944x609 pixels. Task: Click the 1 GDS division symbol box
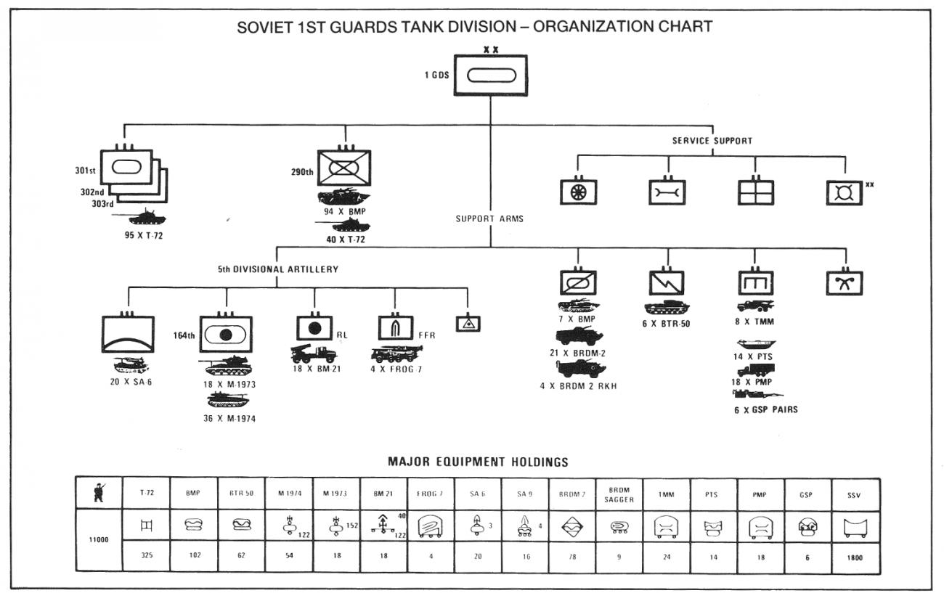point(490,75)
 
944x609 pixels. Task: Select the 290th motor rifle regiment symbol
point(344,167)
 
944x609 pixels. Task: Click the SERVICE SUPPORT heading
point(712,141)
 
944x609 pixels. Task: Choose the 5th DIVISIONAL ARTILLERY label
point(278,269)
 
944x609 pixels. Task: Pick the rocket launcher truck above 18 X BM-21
point(313,354)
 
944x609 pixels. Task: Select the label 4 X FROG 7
point(396,369)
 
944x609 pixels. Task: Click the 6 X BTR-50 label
point(666,324)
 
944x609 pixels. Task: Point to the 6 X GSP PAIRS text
point(765,409)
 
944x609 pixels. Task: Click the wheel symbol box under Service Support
point(578,192)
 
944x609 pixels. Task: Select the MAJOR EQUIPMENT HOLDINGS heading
point(478,462)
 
